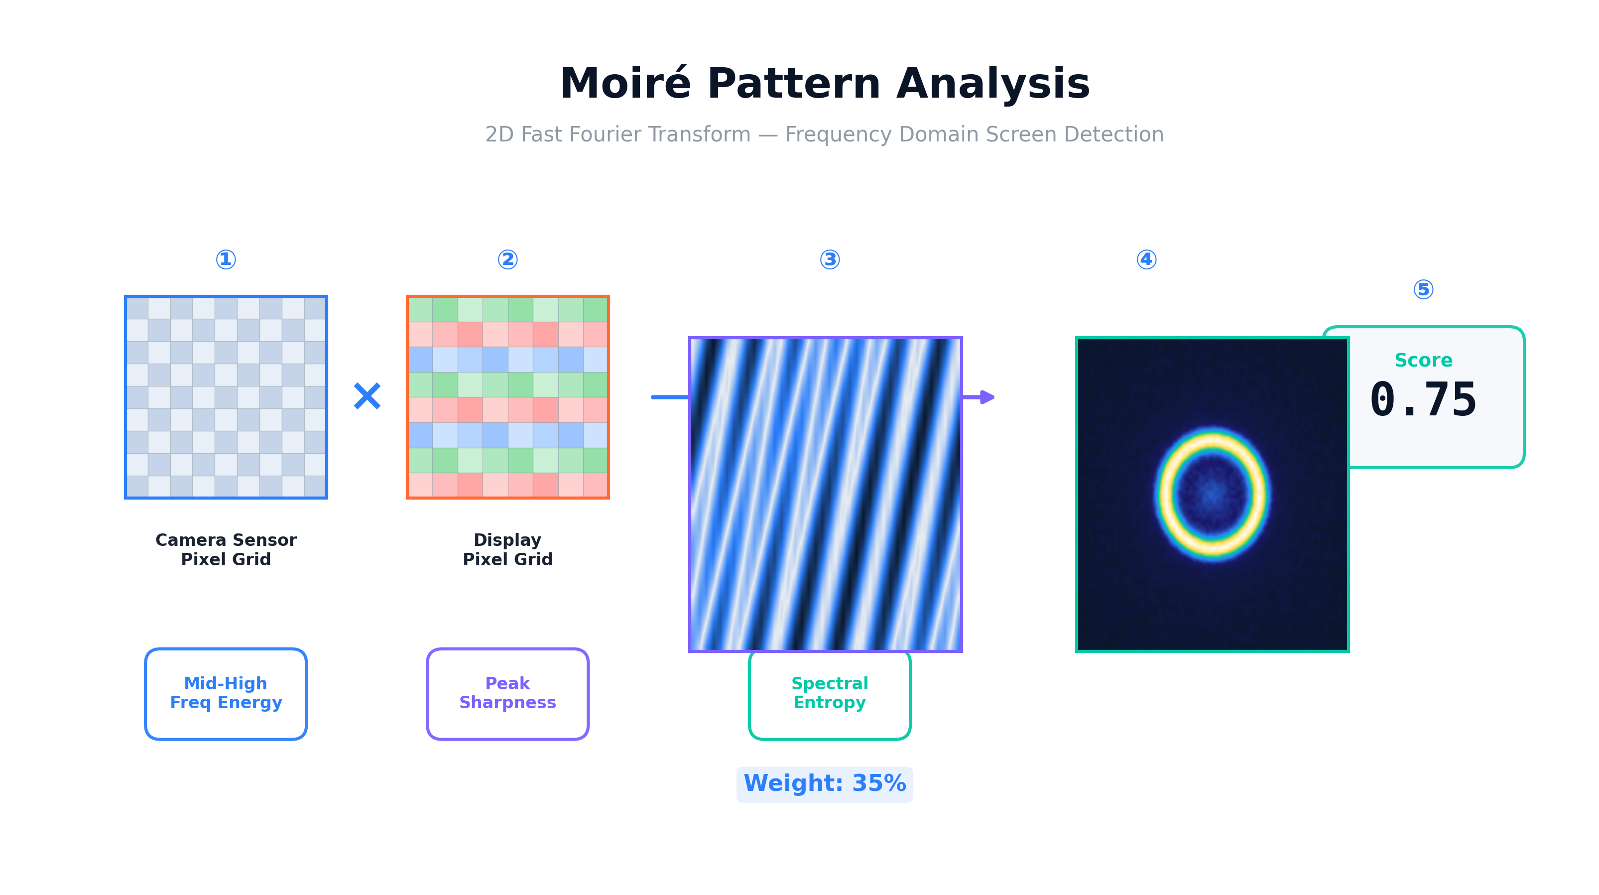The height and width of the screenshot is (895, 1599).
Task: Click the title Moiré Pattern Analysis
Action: [824, 83]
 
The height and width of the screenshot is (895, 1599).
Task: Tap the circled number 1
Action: [226, 259]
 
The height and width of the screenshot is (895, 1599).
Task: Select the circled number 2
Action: [508, 259]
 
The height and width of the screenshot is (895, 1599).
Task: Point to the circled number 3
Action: [830, 259]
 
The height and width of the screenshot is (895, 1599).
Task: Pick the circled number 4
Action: [1146, 259]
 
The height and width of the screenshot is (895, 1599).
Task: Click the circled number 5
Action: [1423, 289]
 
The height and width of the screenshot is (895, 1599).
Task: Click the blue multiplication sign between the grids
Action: [367, 396]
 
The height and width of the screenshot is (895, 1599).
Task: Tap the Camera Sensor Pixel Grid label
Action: [226, 549]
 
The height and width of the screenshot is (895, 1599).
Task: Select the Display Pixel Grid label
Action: [508, 549]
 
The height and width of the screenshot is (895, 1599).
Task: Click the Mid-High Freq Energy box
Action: [226, 694]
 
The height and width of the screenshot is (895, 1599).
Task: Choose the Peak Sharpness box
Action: [508, 694]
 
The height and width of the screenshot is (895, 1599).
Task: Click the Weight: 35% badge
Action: [824, 784]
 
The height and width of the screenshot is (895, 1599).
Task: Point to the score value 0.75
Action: [1423, 400]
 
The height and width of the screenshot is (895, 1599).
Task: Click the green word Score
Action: [1423, 360]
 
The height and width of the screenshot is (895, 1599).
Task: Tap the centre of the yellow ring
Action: [1212, 494]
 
